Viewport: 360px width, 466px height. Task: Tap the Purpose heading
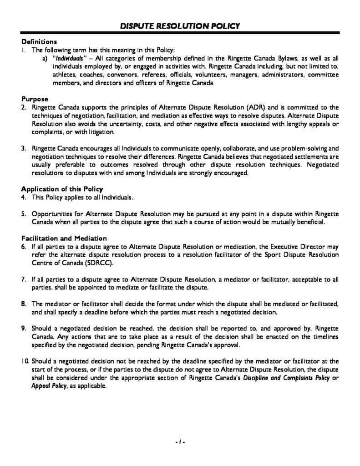pos(34,98)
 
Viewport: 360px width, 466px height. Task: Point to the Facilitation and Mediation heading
pos(64,238)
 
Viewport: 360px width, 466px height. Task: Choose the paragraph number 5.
pos(25,213)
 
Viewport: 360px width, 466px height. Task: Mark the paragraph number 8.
pos(25,304)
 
